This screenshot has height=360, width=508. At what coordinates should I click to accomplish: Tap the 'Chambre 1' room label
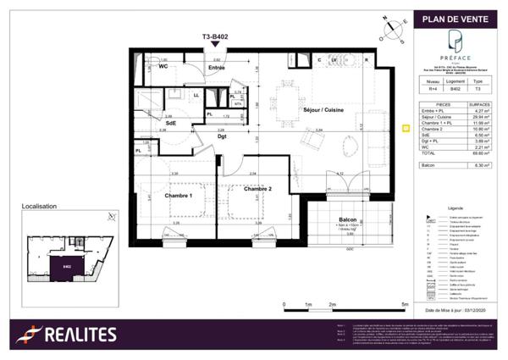pyautogui.click(x=179, y=195)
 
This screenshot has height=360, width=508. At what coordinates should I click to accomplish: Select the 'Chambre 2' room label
pyautogui.click(x=259, y=188)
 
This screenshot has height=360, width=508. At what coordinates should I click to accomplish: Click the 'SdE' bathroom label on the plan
pyautogui.click(x=170, y=123)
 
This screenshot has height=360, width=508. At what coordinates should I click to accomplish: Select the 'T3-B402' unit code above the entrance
pyautogui.click(x=218, y=37)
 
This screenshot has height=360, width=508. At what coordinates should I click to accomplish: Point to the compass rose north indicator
pyautogui.click(x=391, y=30)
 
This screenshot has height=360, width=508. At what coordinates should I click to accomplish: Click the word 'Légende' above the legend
pyautogui.click(x=456, y=207)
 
